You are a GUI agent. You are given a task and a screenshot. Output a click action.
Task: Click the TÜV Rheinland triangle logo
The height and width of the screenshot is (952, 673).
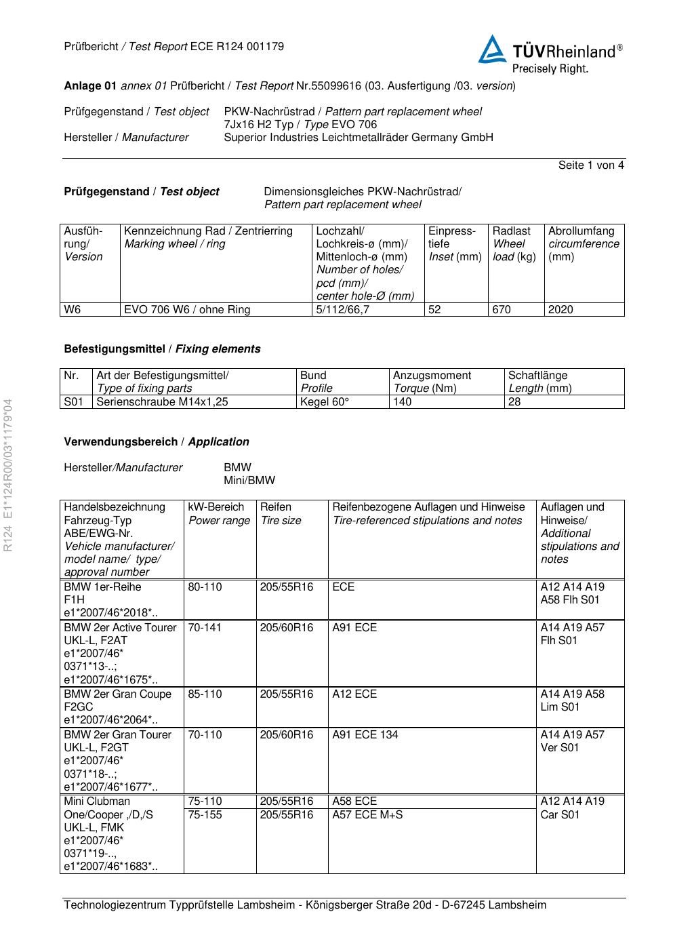click(492, 50)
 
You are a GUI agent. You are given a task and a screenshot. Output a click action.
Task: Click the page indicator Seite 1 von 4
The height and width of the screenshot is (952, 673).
click(591, 165)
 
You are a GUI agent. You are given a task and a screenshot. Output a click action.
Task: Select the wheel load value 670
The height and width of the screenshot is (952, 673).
click(502, 310)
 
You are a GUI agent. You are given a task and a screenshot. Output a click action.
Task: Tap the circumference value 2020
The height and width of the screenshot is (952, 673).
click(560, 310)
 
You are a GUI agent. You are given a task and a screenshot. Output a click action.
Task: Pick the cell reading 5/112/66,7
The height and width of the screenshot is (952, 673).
click(343, 310)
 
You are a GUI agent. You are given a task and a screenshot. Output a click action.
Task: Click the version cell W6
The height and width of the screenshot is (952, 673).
click(73, 310)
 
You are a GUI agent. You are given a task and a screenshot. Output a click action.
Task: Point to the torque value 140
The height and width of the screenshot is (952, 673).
click(403, 402)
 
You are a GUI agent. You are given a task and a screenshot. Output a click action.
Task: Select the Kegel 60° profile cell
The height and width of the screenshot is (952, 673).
click(325, 402)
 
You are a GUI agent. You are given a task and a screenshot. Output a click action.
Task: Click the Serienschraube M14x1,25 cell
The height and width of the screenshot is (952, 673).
click(163, 402)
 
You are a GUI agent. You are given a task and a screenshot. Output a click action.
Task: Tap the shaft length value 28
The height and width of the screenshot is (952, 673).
click(515, 402)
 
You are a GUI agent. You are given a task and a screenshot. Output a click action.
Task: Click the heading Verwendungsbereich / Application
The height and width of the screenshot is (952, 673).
click(157, 442)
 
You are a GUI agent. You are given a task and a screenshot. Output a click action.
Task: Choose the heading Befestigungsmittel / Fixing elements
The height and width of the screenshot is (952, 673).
click(162, 349)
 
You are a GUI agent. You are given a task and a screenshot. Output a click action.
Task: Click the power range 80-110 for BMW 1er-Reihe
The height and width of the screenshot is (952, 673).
click(205, 587)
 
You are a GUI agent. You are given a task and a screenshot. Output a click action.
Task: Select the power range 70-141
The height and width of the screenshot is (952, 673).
click(205, 628)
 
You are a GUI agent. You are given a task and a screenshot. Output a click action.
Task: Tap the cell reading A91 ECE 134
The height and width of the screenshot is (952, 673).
click(365, 735)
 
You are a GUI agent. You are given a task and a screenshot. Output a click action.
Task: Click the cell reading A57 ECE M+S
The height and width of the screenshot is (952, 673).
click(367, 815)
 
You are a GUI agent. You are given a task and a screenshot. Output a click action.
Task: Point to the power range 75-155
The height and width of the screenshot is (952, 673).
click(205, 815)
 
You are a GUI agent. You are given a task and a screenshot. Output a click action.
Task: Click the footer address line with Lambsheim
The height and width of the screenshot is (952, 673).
click(305, 905)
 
